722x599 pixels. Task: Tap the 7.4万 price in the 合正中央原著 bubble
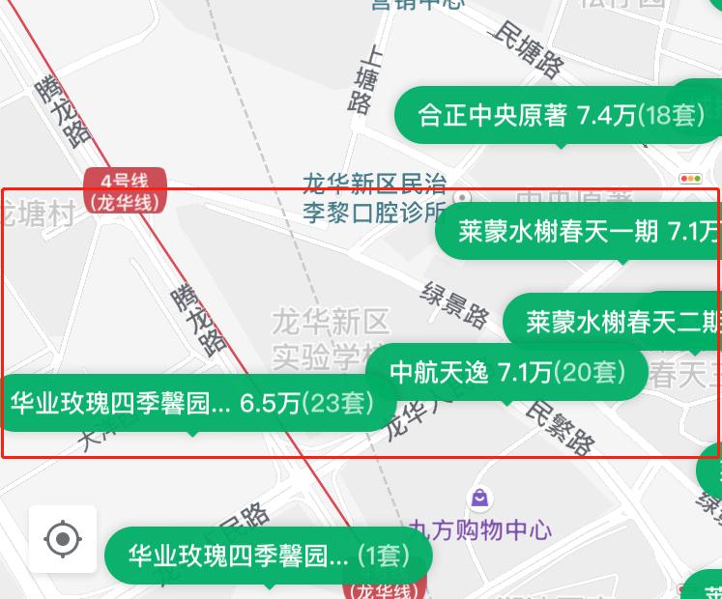tap(607, 116)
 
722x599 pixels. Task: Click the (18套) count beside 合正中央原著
tap(670, 116)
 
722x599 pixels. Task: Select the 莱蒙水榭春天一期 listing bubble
tap(580, 232)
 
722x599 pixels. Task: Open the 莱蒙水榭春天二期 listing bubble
tap(619, 322)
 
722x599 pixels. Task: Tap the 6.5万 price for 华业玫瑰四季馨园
tap(271, 403)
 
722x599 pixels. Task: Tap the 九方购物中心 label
tap(480, 529)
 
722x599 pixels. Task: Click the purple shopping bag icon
tap(479, 499)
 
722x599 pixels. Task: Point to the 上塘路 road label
tap(365, 79)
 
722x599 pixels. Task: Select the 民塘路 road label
tap(528, 48)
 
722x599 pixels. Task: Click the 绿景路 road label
tap(455, 303)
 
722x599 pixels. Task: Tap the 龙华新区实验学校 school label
tap(330, 338)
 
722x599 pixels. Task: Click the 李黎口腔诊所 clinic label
tap(375, 213)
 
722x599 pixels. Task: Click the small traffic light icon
tap(690, 179)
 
